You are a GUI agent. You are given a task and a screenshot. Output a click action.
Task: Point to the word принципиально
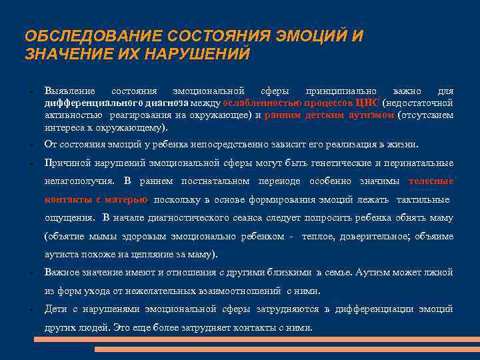340,91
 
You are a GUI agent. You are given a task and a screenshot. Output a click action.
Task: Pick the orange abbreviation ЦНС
367,103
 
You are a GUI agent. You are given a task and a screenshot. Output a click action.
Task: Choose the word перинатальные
421,163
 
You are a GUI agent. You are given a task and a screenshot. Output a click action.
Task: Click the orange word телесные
431,181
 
